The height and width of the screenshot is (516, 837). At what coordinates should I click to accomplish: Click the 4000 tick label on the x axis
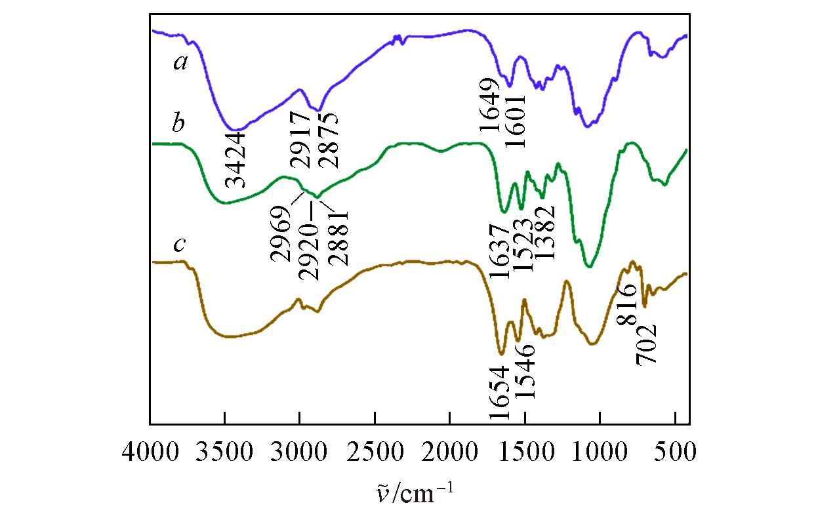tap(150, 452)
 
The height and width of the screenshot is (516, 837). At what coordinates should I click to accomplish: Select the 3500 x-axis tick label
tap(225, 452)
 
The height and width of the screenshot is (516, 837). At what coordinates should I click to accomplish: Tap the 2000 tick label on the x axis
tap(450, 452)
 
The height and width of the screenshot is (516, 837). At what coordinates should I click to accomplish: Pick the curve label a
tap(178, 63)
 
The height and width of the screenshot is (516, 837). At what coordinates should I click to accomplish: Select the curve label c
tap(178, 245)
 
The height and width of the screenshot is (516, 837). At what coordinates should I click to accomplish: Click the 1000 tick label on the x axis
tap(600, 452)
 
